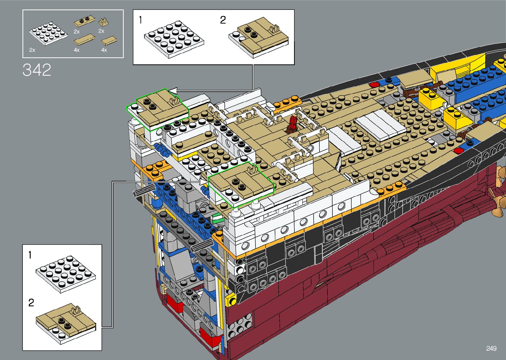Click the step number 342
point(37,70)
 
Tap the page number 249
point(491,348)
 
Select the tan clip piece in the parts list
point(104,22)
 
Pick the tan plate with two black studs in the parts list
point(83,22)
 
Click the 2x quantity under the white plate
point(32,50)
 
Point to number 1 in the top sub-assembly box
point(140,20)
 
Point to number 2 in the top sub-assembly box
point(223,20)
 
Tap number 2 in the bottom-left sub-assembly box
point(31,303)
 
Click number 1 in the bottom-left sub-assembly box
point(30,255)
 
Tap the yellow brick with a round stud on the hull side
point(231,301)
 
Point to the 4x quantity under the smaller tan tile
point(104,50)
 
